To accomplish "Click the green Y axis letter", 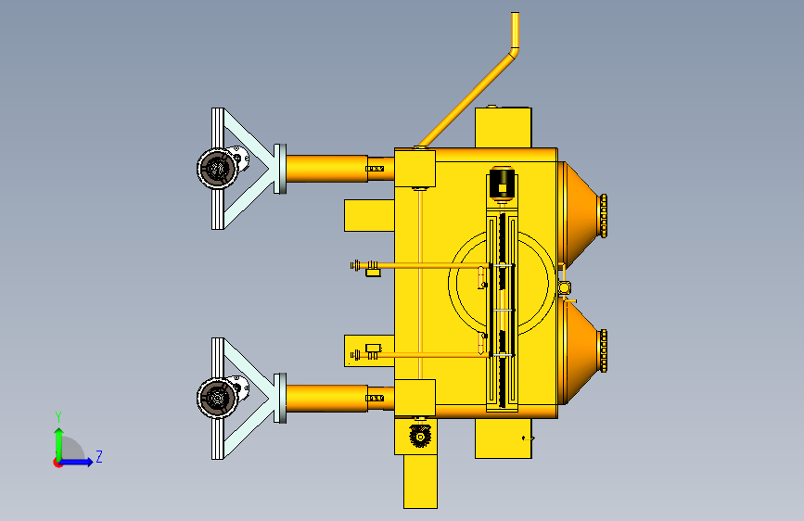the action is coord(58,417).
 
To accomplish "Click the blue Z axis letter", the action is coord(99,456).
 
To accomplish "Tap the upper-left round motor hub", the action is coord(216,168).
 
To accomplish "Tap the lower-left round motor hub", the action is coord(216,398).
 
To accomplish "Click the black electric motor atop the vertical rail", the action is coord(502,183).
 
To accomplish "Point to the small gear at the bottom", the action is coord(420,436).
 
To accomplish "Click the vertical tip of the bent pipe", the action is coord(515,30).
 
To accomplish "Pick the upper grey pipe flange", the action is coord(280,169).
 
